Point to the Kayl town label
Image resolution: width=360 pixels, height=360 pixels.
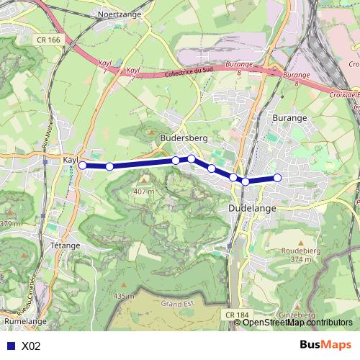point(70,159)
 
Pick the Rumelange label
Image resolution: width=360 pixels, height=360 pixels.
point(25,320)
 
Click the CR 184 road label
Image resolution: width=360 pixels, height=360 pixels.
point(236,315)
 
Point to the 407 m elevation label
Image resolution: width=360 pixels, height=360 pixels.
point(144,192)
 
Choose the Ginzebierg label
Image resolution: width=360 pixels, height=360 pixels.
point(315,315)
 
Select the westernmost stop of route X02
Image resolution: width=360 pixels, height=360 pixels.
point(82,166)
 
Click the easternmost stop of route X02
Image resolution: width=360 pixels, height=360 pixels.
point(277,178)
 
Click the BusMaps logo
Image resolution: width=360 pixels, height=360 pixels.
point(326,345)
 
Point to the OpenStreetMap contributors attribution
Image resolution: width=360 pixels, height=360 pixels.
point(297,323)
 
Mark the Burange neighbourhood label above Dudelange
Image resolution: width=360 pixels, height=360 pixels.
point(289,117)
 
